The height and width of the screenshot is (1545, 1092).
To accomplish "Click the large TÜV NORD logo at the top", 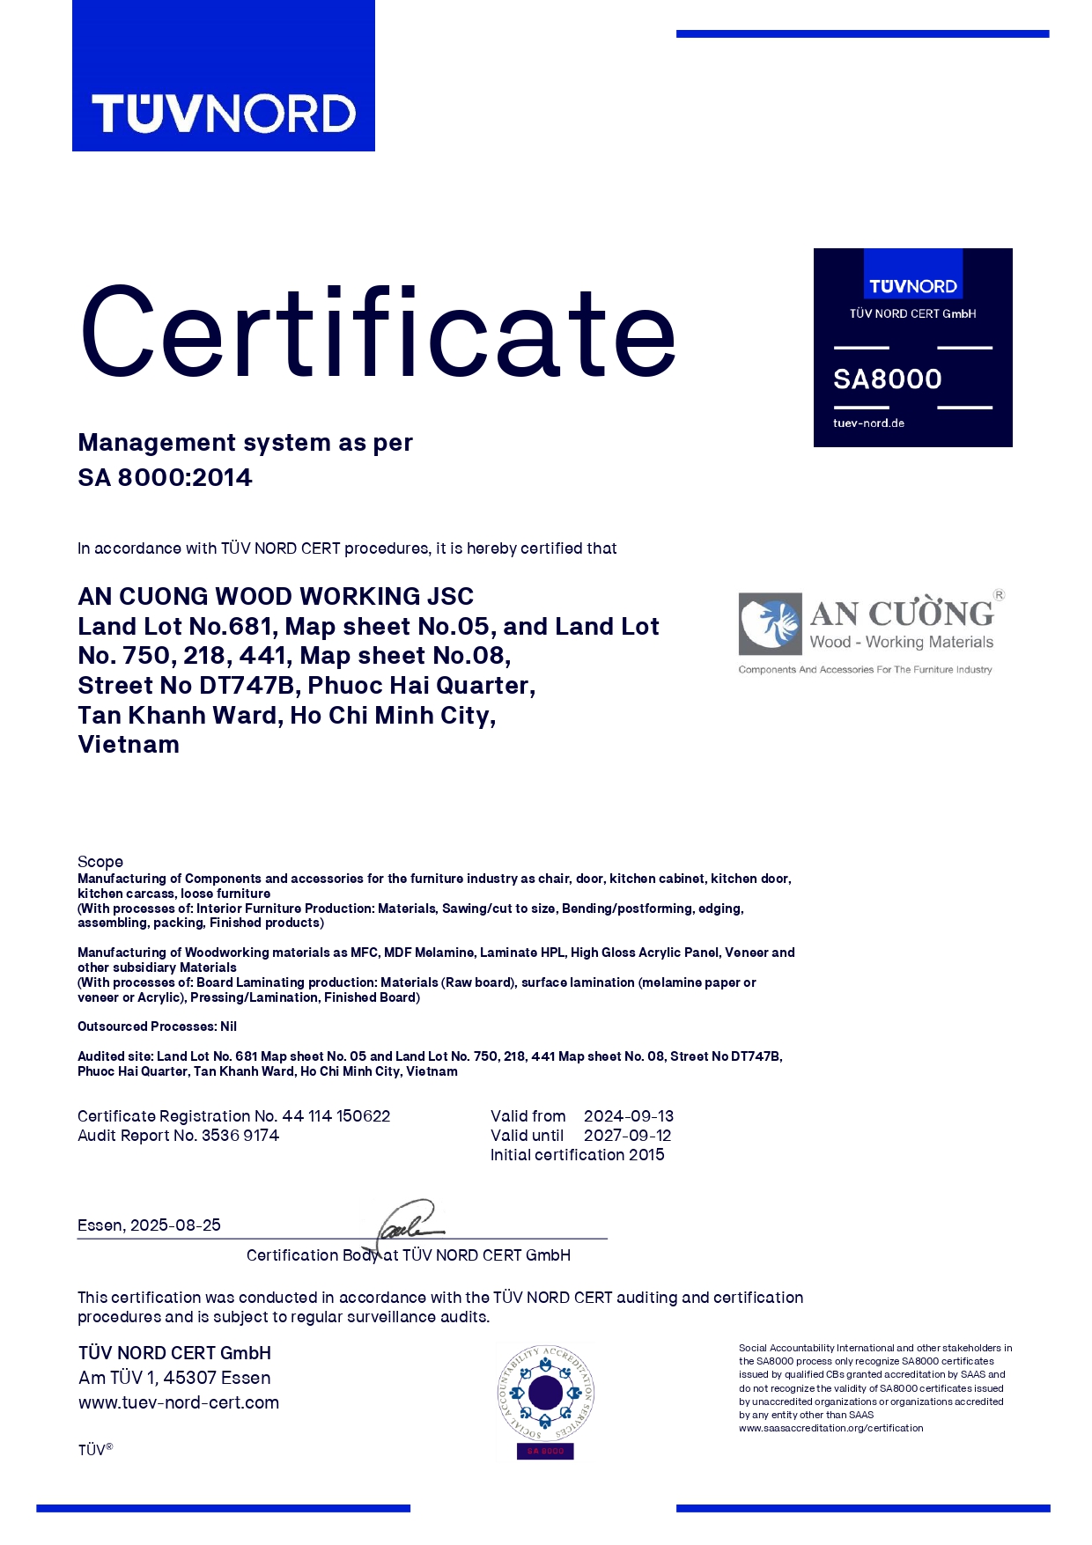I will (x=224, y=114).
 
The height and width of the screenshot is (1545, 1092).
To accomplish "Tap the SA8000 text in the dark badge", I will (x=888, y=379).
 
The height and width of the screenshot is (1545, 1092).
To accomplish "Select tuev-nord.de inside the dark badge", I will (x=868, y=423).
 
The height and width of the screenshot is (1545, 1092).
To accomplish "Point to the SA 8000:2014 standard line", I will (x=165, y=478).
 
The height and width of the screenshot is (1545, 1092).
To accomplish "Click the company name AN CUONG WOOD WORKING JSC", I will (x=276, y=597).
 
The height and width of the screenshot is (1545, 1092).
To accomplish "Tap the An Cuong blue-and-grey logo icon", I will (x=771, y=623).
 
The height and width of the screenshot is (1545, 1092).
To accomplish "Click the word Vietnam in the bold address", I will (x=129, y=745).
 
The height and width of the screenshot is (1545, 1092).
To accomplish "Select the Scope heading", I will (x=100, y=862).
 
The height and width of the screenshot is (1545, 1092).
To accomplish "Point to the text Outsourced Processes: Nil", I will (x=157, y=1026).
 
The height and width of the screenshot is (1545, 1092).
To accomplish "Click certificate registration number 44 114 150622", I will (x=336, y=1116).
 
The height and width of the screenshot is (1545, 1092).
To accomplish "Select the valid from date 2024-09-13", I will (x=628, y=1116).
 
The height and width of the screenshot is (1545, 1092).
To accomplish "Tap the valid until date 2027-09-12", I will (x=627, y=1136).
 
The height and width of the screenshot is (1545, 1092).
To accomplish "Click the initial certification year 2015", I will (x=646, y=1155).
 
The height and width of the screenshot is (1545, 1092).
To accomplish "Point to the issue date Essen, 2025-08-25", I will (x=149, y=1225).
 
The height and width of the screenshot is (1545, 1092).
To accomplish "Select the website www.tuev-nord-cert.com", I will (x=179, y=1402).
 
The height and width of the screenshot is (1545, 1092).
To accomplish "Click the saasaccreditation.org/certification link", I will (x=830, y=1428).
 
